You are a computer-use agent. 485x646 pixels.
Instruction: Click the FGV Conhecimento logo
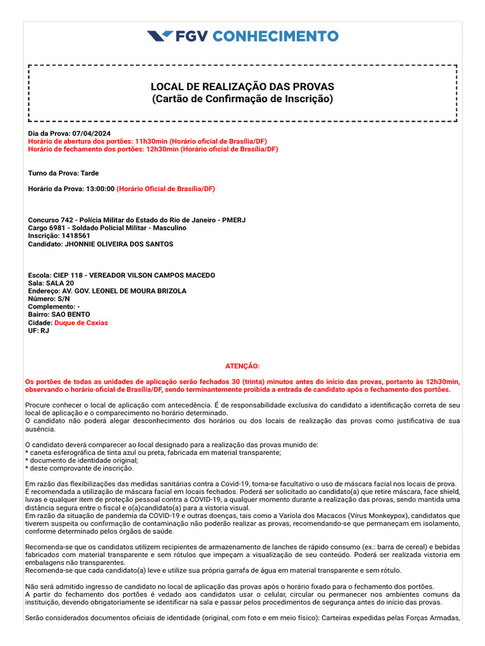(242, 36)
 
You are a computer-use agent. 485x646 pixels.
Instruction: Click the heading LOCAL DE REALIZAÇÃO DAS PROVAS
(242, 86)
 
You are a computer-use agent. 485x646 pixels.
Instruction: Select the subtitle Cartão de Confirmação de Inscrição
(242, 99)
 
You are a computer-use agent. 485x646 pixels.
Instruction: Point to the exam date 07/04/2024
(92, 134)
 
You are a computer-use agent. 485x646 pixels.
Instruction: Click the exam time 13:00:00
(98, 189)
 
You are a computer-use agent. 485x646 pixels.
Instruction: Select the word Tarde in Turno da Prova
(89, 173)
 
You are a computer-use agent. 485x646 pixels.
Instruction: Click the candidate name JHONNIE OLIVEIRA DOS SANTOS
(119, 244)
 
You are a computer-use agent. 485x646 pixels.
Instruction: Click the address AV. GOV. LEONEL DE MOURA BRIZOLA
(124, 291)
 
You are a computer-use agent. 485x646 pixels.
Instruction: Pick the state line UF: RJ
(39, 331)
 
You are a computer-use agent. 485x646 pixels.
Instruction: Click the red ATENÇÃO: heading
(242, 366)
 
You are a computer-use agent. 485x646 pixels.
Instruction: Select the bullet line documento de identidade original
(81, 461)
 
